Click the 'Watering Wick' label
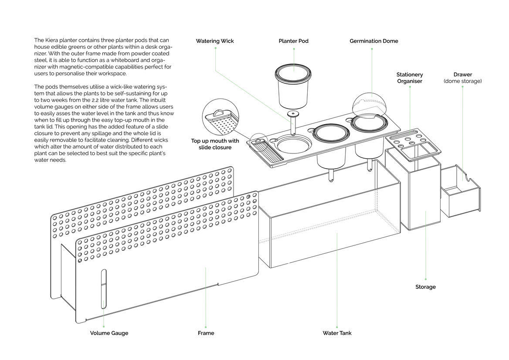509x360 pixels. (x=214, y=41)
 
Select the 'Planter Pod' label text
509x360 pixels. (x=293, y=41)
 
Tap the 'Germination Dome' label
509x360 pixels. (x=373, y=41)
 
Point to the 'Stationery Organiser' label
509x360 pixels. (x=410, y=78)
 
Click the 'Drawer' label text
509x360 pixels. (x=462, y=75)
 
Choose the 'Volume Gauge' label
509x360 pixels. (x=109, y=333)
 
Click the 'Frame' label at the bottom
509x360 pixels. (x=206, y=333)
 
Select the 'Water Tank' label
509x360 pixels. (x=337, y=333)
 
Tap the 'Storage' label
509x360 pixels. (x=425, y=287)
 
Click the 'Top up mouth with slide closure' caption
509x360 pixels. (x=215, y=144)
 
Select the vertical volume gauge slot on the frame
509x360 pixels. (x=103, y=289)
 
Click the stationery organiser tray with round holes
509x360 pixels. (x=410, y=142)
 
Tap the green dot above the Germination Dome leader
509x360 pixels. (x=372, y=48)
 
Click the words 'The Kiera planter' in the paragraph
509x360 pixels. (x=55, y=40)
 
